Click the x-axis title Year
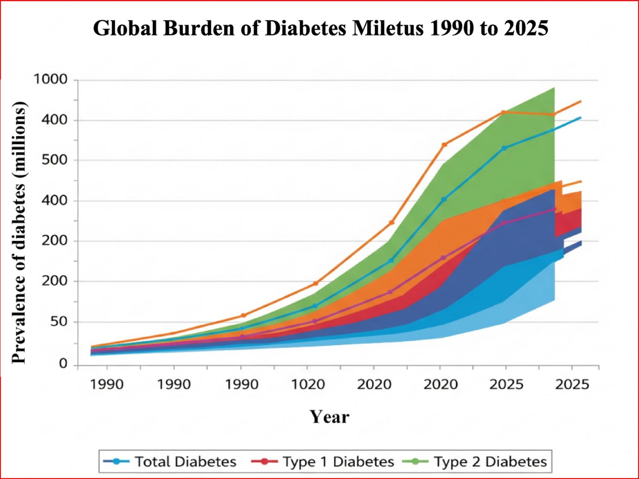[x=329, y=417]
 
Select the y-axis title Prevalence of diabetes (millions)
[x=19, y=232]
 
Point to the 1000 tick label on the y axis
[x=50, y=79]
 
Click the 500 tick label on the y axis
[x=55, y=160]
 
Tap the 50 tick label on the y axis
[x=59, y=321]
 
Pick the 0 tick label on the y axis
[x=63, y=364]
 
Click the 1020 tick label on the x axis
[x=308, y=384]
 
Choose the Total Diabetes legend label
[x=185, y=462]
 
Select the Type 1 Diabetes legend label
[x=338, y=462]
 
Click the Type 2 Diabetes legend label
[x=490, y=462]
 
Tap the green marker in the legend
[x=414, y=462]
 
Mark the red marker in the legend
[x=264, y=462]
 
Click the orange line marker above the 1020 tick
[x=316, y=283]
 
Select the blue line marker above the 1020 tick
[x=315, y=306]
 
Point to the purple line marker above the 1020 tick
[x=315, y=321]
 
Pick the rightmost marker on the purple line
[x=554, y=209]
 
